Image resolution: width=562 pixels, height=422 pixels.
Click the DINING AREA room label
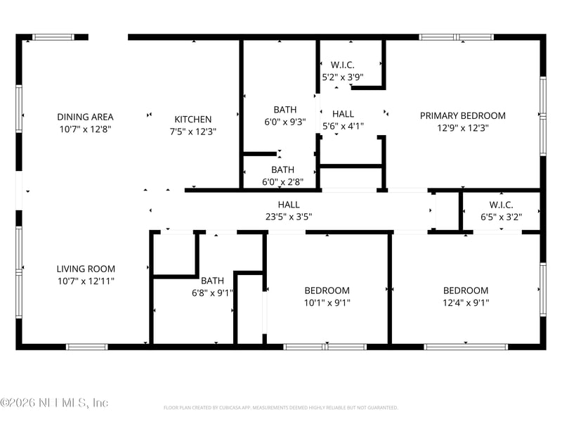click(x=85, y=117)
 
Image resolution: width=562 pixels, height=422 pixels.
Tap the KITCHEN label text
click(x=193, y=120)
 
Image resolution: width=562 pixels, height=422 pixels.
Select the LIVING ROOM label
click(x=86, y=269)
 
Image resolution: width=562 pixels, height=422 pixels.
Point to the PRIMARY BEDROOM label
click(x=462, y=116)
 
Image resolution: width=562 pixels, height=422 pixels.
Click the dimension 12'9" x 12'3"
click(x=462, y=128)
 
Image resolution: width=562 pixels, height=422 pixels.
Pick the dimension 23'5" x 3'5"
click(x=288, y=217)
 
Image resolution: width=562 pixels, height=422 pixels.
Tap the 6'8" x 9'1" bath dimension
click(x=212, y=293)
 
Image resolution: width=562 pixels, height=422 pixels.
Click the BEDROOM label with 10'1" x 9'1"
click(x=327, y=290)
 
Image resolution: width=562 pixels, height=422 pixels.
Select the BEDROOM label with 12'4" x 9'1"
click(x=465, y=290)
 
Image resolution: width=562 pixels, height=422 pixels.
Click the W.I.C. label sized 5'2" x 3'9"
click(x=343, y=65)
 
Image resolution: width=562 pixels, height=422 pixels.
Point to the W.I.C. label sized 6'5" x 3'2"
click(x=502, y=205)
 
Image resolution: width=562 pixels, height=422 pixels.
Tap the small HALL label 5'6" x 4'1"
click(x=343, y=114)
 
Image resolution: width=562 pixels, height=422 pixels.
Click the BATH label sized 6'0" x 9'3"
click(x=285, y=110)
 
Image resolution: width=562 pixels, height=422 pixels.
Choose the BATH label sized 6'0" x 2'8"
click(x=282, y=170)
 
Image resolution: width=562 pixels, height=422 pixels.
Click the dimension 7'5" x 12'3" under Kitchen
click(x=193, y=132)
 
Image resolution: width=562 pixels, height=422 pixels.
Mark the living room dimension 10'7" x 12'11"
click(x=86, y=281)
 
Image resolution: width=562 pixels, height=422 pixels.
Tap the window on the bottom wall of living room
click(x=86, y=347)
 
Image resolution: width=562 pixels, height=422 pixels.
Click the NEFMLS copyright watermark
click(x=54, y=403)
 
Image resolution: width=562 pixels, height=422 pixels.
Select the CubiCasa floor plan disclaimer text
click(x=281, y=407)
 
